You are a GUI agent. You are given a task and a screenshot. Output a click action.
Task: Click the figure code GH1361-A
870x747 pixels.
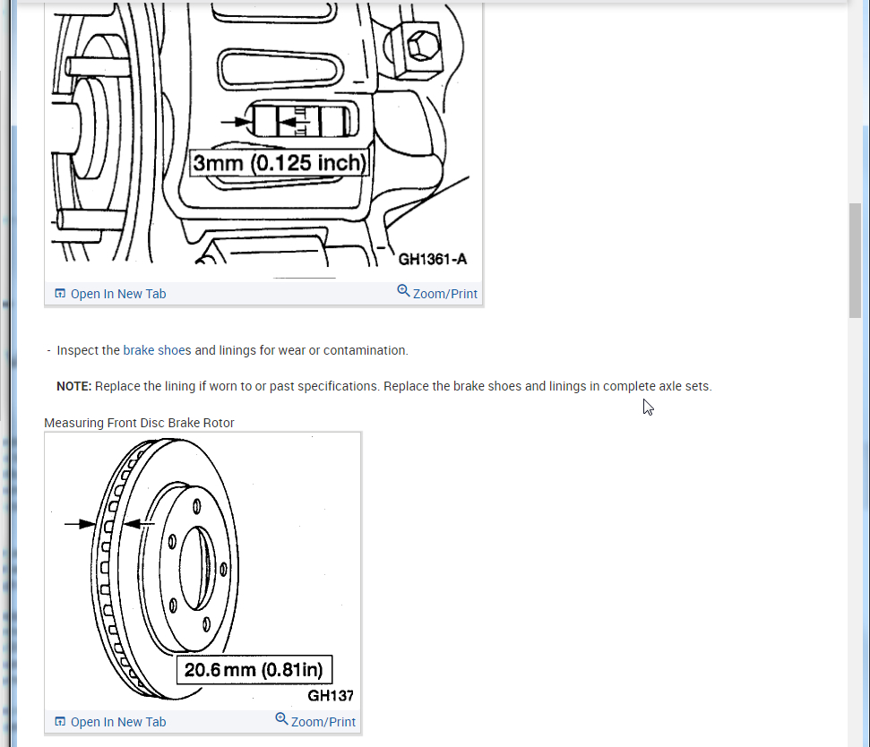click(x=432, y=260)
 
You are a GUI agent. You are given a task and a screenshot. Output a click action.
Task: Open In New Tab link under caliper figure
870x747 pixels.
click(x=117, y=294)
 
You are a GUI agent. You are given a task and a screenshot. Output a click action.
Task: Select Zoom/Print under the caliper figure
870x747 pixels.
click(x=444, y=294)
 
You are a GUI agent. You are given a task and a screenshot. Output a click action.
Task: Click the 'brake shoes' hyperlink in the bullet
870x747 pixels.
click(x=157, y=350)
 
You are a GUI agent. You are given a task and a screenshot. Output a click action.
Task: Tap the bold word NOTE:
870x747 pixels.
click(x=74, y=386)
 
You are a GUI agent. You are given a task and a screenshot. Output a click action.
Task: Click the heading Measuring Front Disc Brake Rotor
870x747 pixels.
click(x=139, y=423)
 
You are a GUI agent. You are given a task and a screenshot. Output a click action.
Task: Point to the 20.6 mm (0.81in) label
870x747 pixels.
click(x=254, y=670)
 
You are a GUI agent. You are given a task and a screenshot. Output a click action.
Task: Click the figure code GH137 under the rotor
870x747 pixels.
click(x=331, y=695)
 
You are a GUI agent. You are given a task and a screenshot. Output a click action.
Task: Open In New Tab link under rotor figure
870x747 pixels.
click(x=117, y=722)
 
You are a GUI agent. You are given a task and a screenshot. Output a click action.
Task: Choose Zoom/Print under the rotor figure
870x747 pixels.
click(x=323, y=722)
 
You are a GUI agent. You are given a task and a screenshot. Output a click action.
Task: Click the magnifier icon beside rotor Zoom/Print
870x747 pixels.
click(x=281, y=720)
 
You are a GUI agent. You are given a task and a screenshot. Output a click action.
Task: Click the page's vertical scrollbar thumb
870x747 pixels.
click(x=855, y=260)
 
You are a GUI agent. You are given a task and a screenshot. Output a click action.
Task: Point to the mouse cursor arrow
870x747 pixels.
click(x=648, y=407)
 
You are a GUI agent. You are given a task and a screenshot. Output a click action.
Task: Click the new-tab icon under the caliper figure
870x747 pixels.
click(x=60, y=294)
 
